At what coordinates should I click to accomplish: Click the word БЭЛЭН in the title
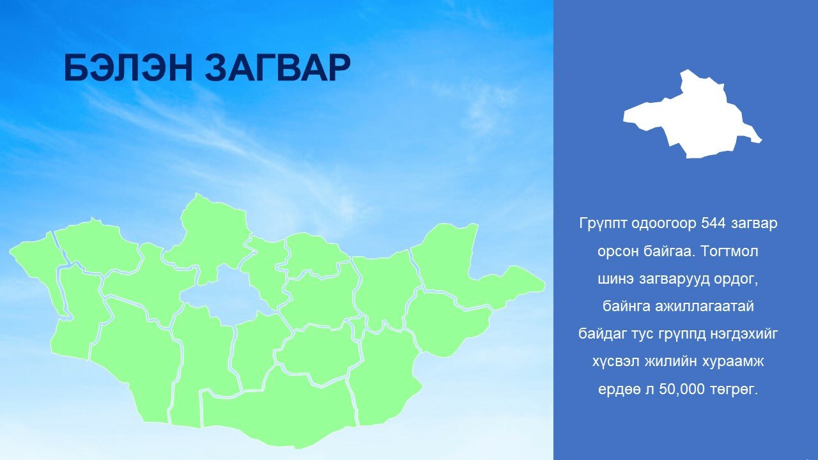(128, 68)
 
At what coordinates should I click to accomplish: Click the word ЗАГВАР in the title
(277, 68)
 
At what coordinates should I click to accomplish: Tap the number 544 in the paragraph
(713, 223)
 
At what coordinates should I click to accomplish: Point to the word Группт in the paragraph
(603, 224)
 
